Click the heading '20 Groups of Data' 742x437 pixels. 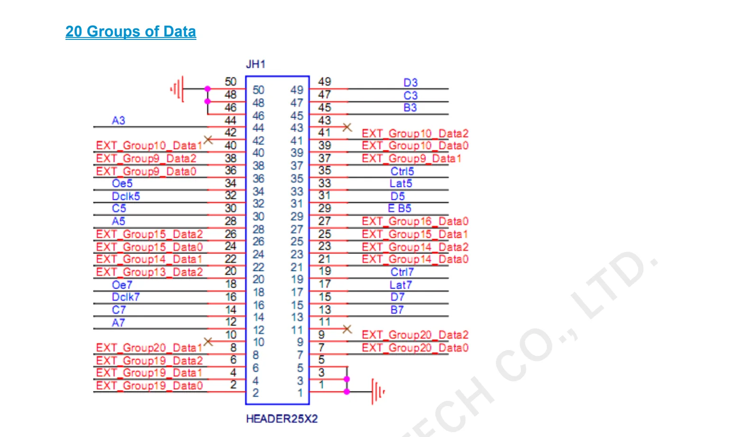pos(130,32)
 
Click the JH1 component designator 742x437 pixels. pos(256,64)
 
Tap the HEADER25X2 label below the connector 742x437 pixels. pos(281,418)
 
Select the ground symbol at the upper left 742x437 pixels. pos(177,89)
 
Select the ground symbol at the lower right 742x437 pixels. pos(378,391)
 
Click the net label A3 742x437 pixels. pos(118,121)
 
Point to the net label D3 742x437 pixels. pos(410,83)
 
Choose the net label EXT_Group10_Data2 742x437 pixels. pos(415,133)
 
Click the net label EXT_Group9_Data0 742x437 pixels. pos(146,171)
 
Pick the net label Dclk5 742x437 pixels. pos(126,196)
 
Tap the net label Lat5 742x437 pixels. pos(401,184)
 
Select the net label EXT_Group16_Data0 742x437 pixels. pos(415,222)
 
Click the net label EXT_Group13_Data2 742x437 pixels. pos(149,272)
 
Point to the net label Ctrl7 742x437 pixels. pos(402,272)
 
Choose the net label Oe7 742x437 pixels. pos(122,285)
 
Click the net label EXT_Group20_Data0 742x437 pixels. pos(415,348)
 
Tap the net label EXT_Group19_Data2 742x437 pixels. pos(149,361)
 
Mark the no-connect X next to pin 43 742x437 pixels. pos(347,127)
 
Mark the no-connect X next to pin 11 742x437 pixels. pos(347,329)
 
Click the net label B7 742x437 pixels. pos(397,310)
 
